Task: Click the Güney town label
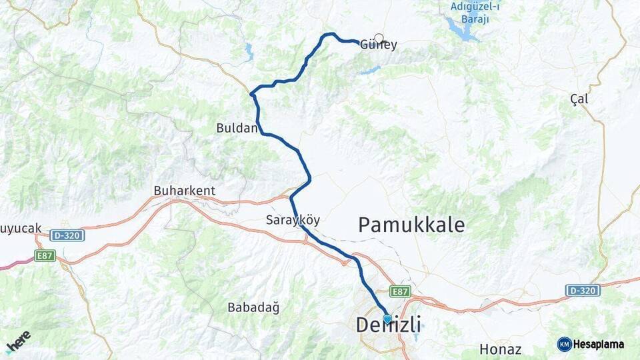click(379, 46)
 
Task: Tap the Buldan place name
click(236, 128)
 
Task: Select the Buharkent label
click(185, 191)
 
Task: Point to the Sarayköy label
click(293, 220)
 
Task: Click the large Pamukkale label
click(411, 225)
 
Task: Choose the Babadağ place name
click(253, 307)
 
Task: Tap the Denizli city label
click(388, 325)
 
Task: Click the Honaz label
click(501, 349)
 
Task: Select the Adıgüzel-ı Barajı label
click(475, 13)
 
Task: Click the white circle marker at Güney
click(379, 38)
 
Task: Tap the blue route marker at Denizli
click(387, 319)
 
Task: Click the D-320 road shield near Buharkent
click(67, 235)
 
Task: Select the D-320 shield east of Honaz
click(583, 291)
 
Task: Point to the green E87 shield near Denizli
click(400, 291)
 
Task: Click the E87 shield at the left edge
click(45, 255)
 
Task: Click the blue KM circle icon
click(564, 344)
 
